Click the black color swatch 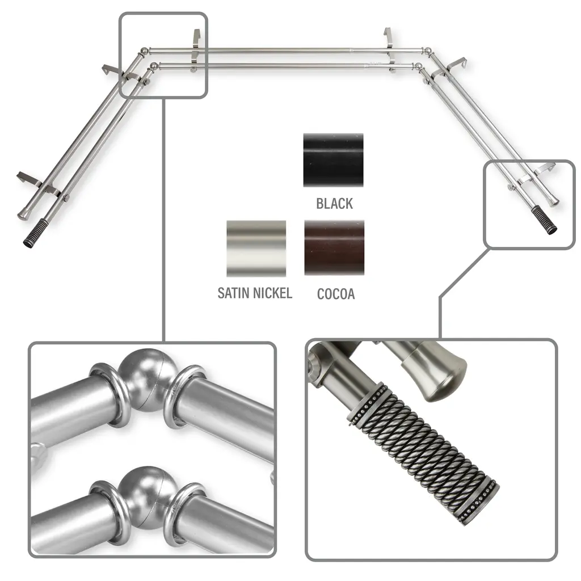click(333, 160)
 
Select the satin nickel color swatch click(256, 249)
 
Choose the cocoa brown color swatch click(334, 248)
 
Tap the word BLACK click(334, 204)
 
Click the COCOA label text click(336, 294)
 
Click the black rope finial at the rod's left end click(36, 233)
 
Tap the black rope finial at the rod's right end click(544, 220)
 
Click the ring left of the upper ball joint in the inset click(110, 395)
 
